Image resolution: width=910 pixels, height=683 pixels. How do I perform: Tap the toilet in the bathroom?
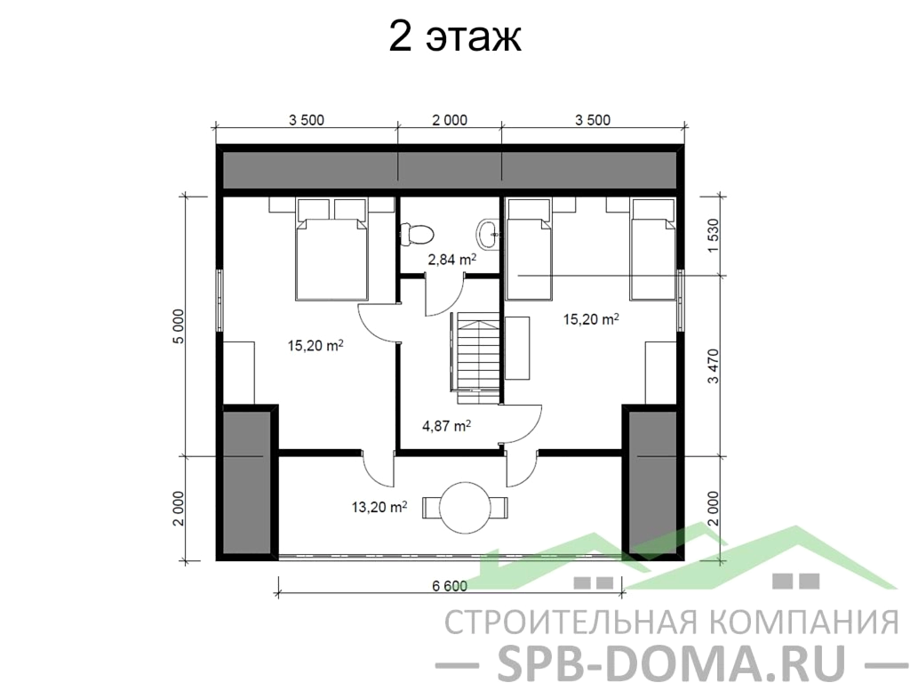pos(417,235)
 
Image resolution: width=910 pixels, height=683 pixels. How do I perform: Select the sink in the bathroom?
pos(487,234)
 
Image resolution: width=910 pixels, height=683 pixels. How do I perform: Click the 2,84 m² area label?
pos(452,260)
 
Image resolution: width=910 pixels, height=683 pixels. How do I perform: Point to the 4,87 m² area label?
pos(446,426)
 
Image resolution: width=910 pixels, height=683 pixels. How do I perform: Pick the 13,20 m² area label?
pos(379,507)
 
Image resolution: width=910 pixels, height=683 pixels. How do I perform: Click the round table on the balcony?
pos(466,507)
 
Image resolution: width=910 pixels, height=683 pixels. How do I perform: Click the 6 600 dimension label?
pos(450,586)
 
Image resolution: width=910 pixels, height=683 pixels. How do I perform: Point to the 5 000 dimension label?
pos(179,326)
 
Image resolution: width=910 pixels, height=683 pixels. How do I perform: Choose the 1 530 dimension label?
pos(714,235)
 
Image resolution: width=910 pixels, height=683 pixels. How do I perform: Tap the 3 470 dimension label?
pos(714,366)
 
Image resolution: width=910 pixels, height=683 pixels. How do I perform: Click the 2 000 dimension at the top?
pos(450,120)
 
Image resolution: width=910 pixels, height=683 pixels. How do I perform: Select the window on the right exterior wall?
pos(680,301)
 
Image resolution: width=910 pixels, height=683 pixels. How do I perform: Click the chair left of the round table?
pos(431,507)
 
